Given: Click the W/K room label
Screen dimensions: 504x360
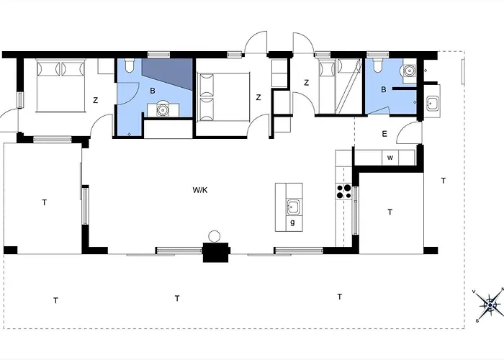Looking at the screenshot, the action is click(x=200, y=190).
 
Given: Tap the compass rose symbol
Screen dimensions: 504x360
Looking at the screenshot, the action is click(x=490, y=305).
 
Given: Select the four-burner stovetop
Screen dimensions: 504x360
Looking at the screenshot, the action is click(x=343, y=192).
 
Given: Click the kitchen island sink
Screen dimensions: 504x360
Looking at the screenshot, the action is click(x=293, y=207).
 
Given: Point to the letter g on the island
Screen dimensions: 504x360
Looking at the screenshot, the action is click(x=292, y=222).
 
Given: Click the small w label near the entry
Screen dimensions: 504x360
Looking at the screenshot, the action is click(x=390, y=158).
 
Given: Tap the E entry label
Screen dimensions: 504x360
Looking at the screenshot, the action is click(x=384, y=134).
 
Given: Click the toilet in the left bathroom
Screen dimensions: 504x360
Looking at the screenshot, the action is click(x=130, y=66).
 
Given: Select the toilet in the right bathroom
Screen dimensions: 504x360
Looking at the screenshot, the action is click(x=377, y=66).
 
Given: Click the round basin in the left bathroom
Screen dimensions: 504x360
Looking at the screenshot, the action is click(x=163, y=110).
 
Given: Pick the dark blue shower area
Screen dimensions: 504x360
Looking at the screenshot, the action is click(x=167, y=73).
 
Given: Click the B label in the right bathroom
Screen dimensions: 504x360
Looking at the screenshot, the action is click(x=384, y=90).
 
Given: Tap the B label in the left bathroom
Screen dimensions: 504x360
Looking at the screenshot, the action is click(x=153, y=91).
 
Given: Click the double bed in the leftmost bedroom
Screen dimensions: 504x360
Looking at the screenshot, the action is click(x=60, y=86).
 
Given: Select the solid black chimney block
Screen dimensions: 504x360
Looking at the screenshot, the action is click(x=216, y=252).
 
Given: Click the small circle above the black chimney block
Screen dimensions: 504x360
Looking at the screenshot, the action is click(x=214, y=237).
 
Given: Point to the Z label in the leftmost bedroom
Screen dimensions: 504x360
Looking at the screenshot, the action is click(x=95, y=100).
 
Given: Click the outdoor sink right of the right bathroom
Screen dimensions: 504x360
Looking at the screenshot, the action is click(x=432, y=103).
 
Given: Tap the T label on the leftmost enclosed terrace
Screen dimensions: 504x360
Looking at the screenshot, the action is click(x=45, y=202).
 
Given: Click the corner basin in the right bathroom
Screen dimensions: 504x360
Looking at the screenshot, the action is click(x=409, y=70).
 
